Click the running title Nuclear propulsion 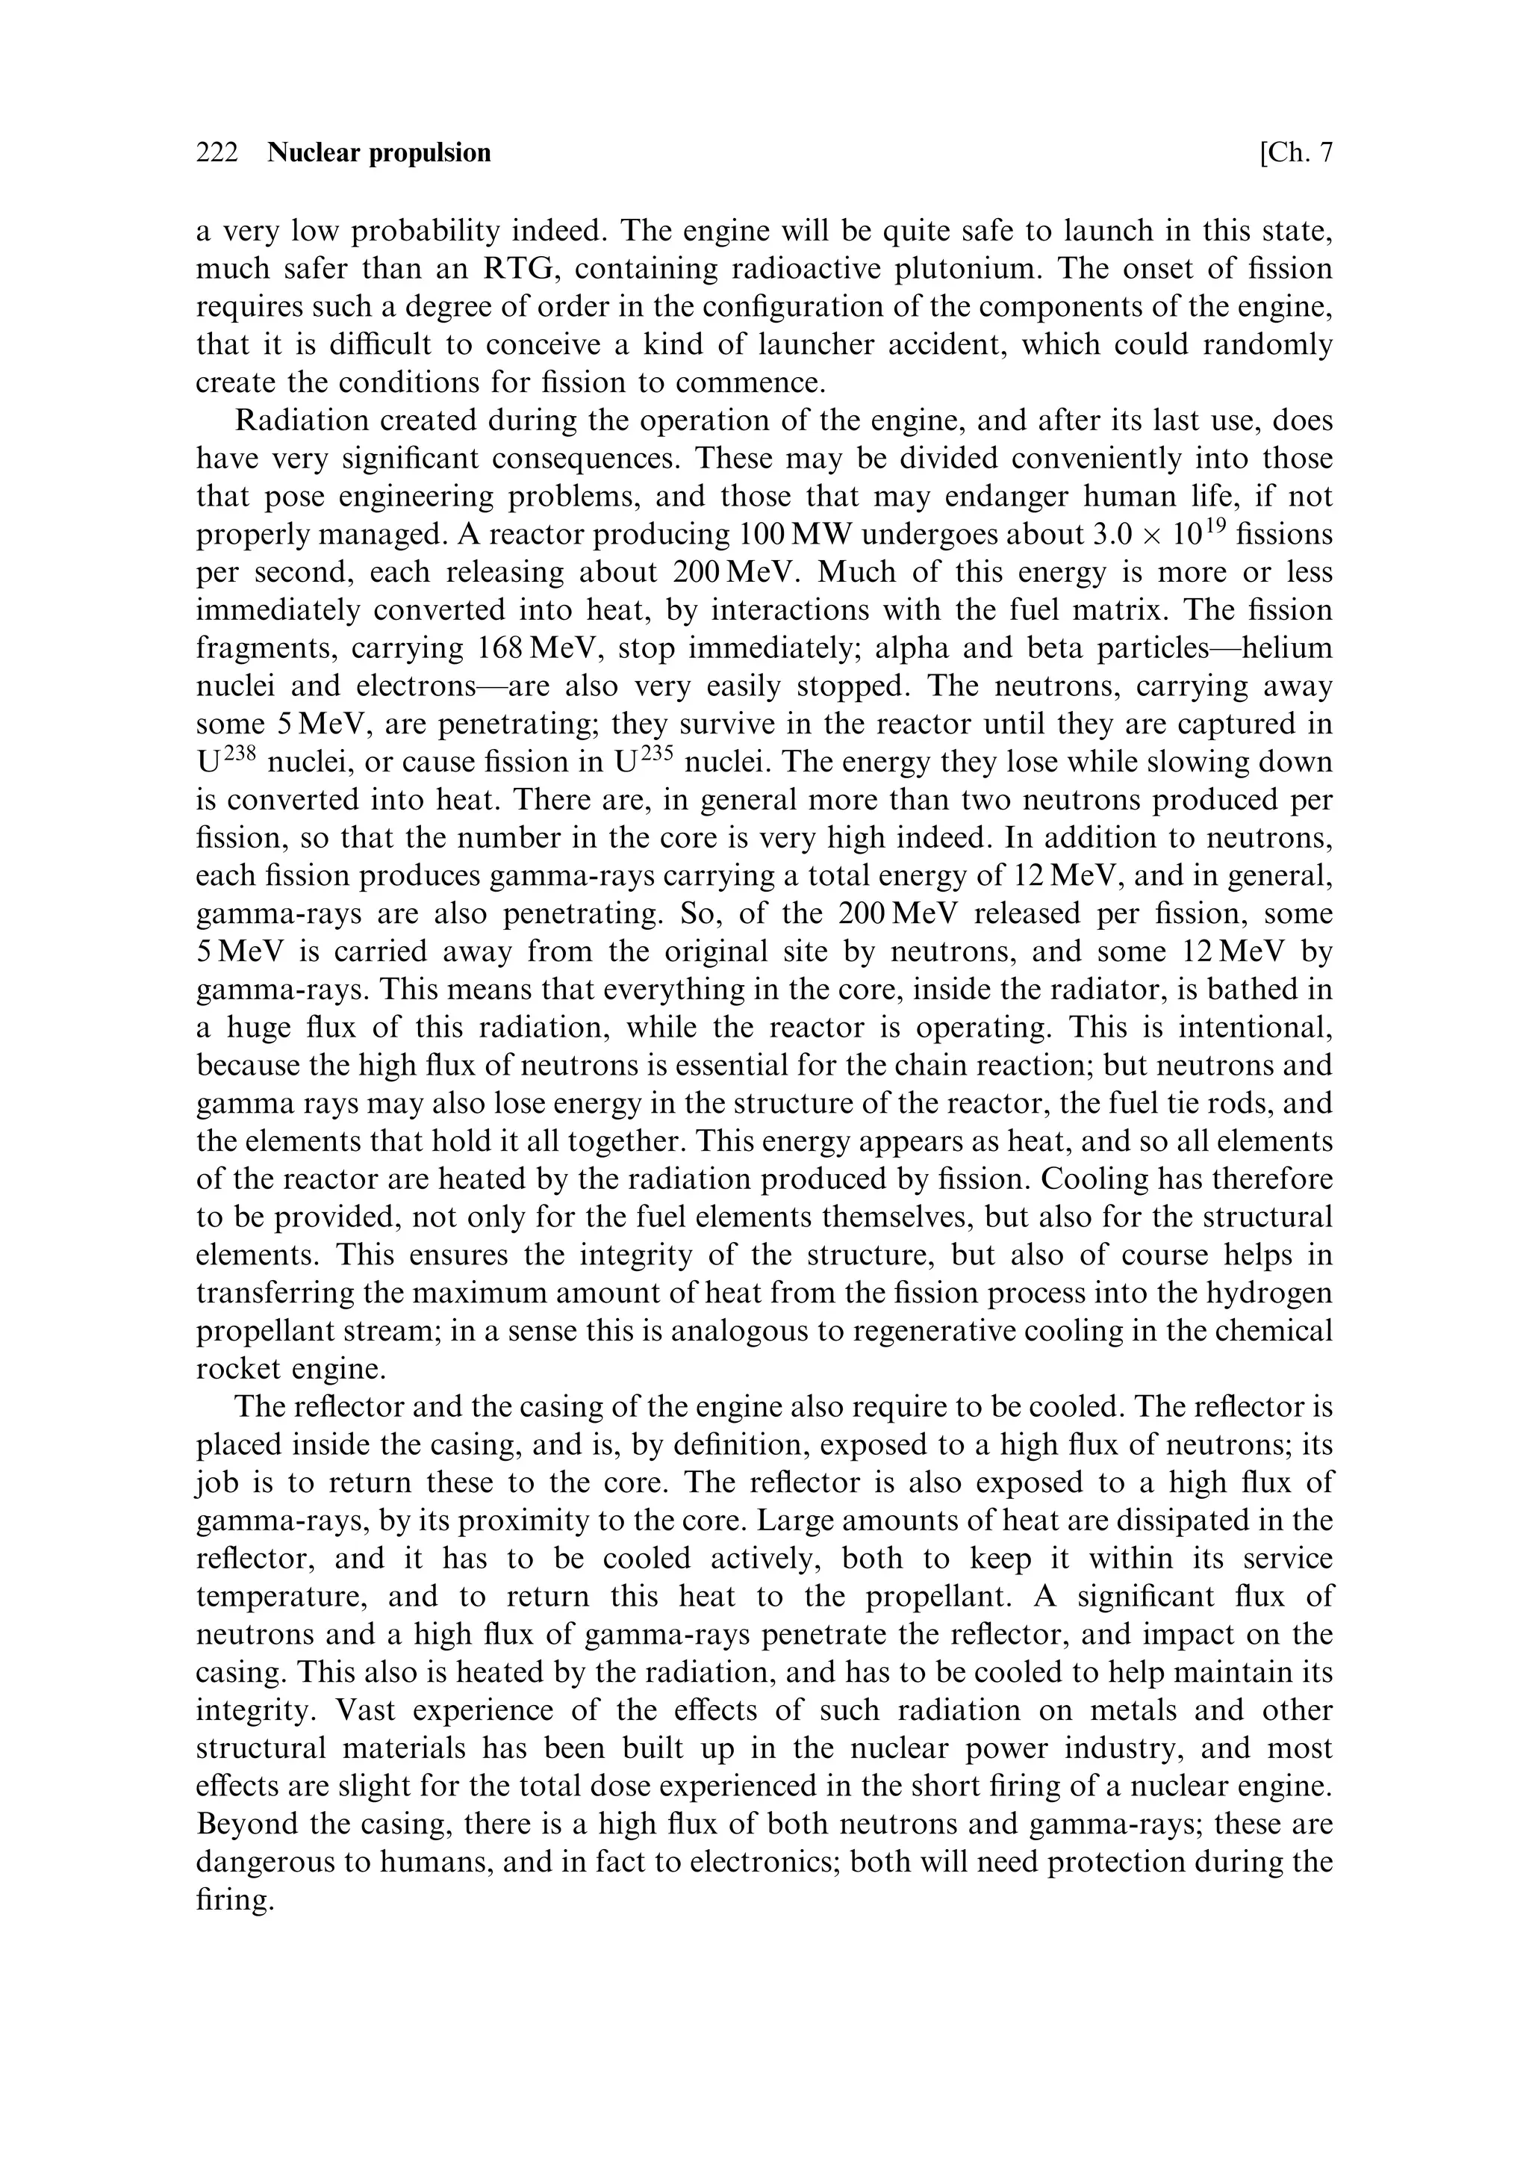click(379, 152)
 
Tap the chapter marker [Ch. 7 click(1296, 152)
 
